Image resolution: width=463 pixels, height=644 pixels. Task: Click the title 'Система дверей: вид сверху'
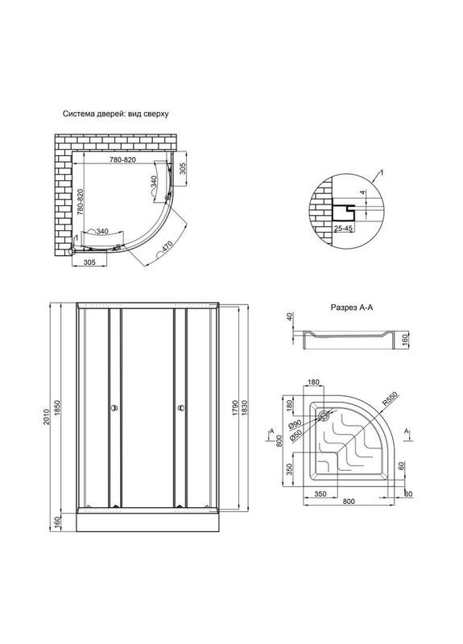[x=115, y=115]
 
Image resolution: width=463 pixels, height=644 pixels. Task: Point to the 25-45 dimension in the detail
[x=344, y=229]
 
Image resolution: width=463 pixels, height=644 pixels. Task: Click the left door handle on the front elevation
[x=114, y=410]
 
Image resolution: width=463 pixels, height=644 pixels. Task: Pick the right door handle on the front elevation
[x=180, y=410]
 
